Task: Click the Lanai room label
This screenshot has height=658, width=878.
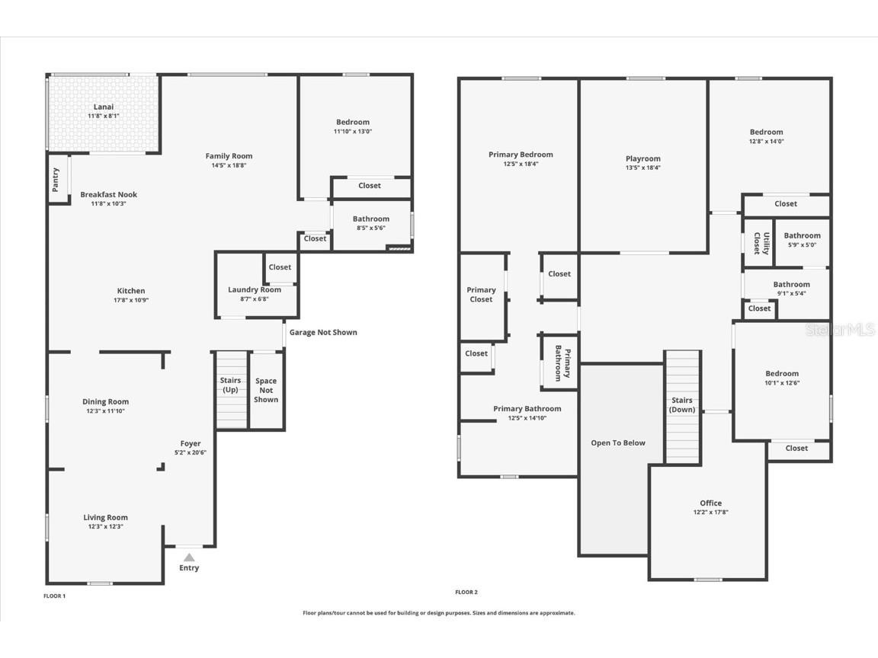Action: pos(104,107)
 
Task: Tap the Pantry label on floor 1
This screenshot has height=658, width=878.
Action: pos(55,180)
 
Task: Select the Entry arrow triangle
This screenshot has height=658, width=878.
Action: pos(189,557)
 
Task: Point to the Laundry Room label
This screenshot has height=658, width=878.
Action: pos(255,289)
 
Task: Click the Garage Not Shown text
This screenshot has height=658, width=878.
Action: pos(323,332)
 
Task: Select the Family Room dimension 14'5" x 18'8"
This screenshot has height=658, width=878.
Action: pos(229,165)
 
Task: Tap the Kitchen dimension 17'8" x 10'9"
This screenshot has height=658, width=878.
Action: pos(131,300)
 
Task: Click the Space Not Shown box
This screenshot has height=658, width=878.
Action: pos(266,390)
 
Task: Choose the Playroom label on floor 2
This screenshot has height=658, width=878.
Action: pos(643,158)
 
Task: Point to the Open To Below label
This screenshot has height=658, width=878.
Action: pos(618,442)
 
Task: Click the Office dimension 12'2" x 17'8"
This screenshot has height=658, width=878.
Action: pos(710,513)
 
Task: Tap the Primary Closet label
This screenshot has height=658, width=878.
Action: pos(481,294)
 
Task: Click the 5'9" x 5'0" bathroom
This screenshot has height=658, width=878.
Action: pos(802,241)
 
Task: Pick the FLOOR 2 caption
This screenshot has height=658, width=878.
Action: pos(466,592)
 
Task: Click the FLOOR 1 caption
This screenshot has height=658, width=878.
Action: pos(55,596)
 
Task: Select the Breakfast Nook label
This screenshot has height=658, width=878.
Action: pos(108,194)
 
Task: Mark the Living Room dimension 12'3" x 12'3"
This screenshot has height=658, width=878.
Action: pos(105,526)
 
